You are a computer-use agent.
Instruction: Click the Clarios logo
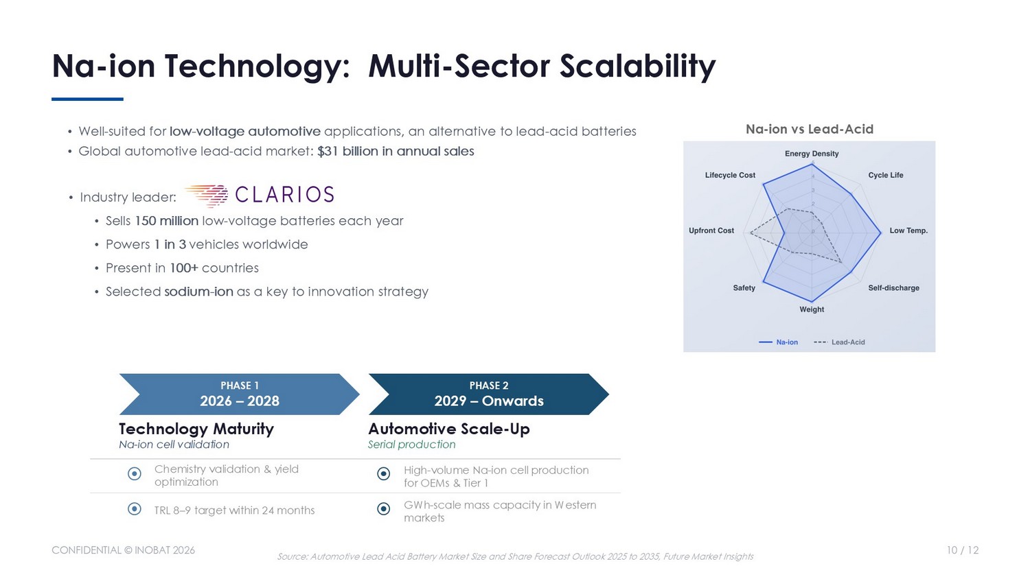coord(260,195)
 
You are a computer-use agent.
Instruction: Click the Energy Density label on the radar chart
coord(812,154)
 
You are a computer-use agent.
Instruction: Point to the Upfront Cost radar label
coord(711,231)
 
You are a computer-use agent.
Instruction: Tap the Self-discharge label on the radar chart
coord(893,288)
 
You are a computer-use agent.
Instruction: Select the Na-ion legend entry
coord(778,342)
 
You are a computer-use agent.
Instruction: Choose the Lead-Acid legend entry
coord(839,342)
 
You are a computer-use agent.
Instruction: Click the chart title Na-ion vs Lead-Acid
coord(810,129)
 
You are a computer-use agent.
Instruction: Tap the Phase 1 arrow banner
coord(239,394)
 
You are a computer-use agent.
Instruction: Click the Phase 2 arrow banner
coord(489,394)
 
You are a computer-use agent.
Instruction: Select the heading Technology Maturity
coord(196,429)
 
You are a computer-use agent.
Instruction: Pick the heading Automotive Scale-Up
coord(449,429)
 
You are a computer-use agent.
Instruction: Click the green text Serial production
coord(411,445)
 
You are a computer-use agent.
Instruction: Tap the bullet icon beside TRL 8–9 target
coord(135,509)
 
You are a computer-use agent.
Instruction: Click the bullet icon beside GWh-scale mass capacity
coord(383,509)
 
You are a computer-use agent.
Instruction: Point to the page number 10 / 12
coord(963,550)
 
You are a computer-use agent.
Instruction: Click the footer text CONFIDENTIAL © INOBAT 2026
coord(123,550)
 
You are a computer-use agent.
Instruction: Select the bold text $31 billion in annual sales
coord(396,151)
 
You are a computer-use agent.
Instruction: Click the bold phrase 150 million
coord(166,221)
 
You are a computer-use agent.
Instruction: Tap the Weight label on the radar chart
coord(812,309)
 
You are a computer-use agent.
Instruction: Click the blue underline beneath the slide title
coord(87,99)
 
